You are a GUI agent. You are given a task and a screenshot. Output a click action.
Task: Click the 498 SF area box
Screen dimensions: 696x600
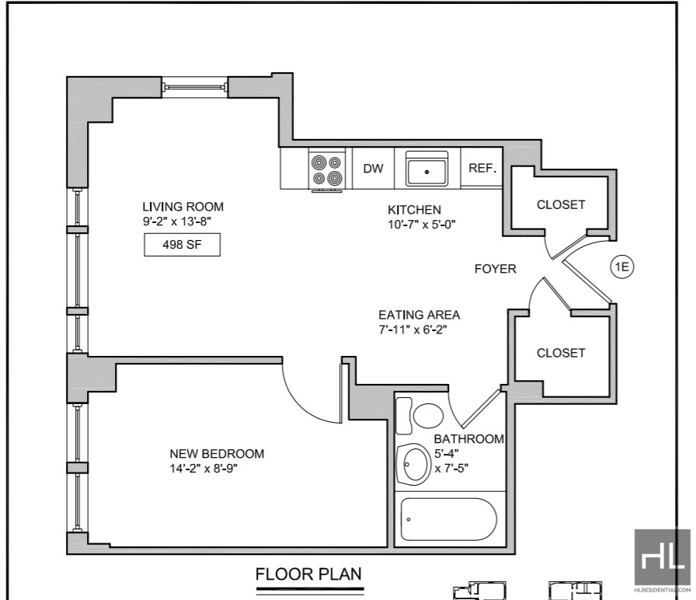click(x=182, y=245)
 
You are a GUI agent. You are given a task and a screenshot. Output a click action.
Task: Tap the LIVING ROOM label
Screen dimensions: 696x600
click(x=183, y=207)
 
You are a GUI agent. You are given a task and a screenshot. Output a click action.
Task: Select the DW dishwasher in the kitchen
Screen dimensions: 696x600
click(x=374, y=169)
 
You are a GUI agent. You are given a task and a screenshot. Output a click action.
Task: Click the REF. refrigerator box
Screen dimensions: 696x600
click(x=482, y=168)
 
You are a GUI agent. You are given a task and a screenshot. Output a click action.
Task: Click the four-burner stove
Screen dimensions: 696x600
click(x=327, y=170)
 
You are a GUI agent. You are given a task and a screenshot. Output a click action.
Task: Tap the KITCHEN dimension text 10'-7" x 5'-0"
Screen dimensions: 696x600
click(x=422, y=225)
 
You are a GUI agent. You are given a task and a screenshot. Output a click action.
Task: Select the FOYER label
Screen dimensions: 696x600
click(x=496, y=269)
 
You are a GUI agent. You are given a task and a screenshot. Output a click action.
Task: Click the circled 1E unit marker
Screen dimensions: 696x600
click(x=622, y=267)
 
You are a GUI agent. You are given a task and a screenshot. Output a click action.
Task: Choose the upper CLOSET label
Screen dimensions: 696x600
click(x=561, y=204)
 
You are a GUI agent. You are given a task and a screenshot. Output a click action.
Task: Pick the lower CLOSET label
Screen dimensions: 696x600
click(x=561, y=353)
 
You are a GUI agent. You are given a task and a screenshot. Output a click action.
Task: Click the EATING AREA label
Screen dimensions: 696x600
click(x=419, y=315)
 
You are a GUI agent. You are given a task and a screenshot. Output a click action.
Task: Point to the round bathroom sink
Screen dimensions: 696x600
click(x=414, y=465)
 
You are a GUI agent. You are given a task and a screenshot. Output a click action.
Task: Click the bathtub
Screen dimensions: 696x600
click(x=448, y=519)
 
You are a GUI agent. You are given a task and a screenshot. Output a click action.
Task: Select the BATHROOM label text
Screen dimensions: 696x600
click(x=469, y=439)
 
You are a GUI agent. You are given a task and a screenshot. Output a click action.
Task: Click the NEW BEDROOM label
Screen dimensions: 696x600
click(x=217, y=454)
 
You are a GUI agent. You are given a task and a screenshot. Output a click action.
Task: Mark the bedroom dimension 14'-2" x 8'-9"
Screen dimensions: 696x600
click(x=204, y=469)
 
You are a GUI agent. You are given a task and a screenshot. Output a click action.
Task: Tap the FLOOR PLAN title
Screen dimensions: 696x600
click(x=308, y=574)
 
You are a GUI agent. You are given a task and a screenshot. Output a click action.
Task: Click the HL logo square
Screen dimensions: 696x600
click(x=663, y=557)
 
